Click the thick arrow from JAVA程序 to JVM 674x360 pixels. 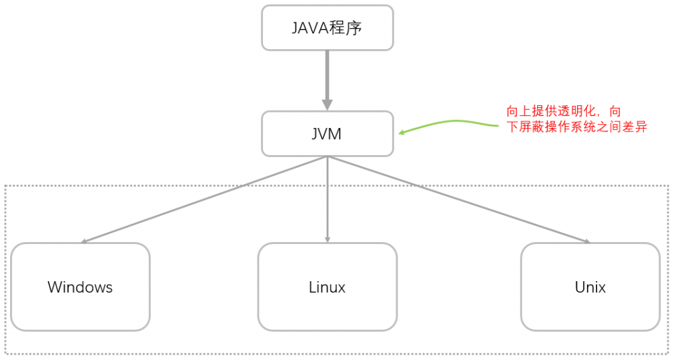coord(328,78)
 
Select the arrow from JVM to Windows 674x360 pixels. coord(202,200)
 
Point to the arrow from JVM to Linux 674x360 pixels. coord(328,200)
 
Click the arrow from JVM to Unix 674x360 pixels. coord(458,200)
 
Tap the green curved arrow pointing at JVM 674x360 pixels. coord(458,122)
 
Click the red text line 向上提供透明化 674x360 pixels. coord(563,111)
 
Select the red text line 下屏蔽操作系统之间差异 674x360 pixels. coord(576,127)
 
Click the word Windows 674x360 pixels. coord(80,287)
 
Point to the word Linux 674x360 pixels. coord(328,287)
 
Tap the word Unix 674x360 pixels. coord(590,287)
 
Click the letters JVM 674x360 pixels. coord(328,134)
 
